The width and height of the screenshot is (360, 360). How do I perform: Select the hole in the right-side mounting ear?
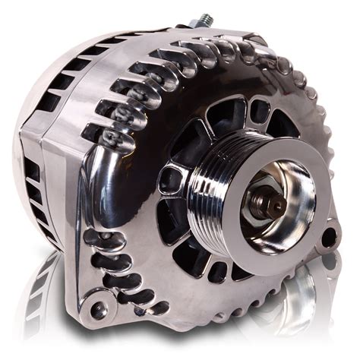[x=329, y=238]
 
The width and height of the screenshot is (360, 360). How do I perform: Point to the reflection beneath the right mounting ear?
[x=323, y=289]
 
